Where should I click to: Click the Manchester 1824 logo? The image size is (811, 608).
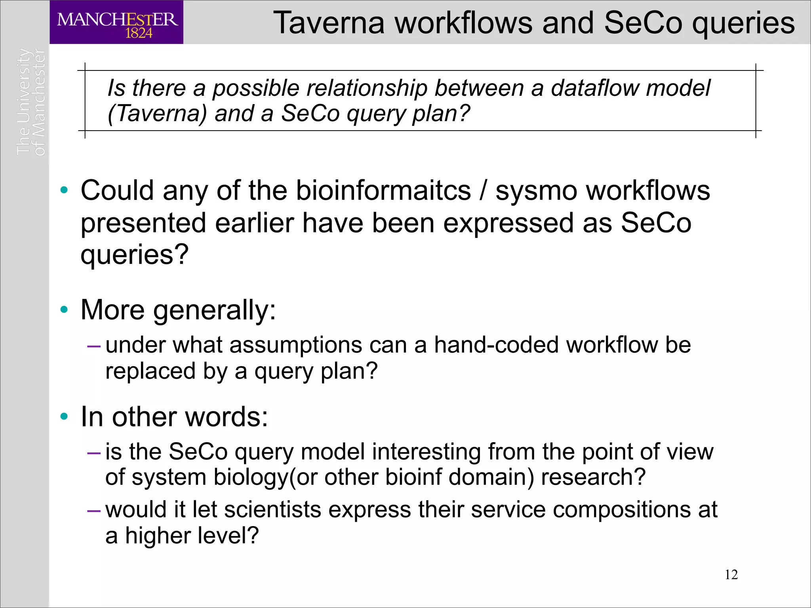[116, 23]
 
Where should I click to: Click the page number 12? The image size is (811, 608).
[731, 574]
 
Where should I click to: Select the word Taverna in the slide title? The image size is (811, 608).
[329, 23]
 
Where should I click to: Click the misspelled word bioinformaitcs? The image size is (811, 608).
[383, 191]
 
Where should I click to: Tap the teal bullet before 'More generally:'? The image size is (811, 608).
[64, 309]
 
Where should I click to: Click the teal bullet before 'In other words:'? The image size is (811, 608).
[64, 416]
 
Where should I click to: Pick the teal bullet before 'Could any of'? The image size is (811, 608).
[64, 190]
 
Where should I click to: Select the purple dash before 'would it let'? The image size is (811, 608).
[94, 511]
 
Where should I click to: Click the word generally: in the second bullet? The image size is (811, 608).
[214, 310]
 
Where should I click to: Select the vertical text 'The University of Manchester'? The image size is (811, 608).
[31, 102]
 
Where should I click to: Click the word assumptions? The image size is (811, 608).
[296, 345]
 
